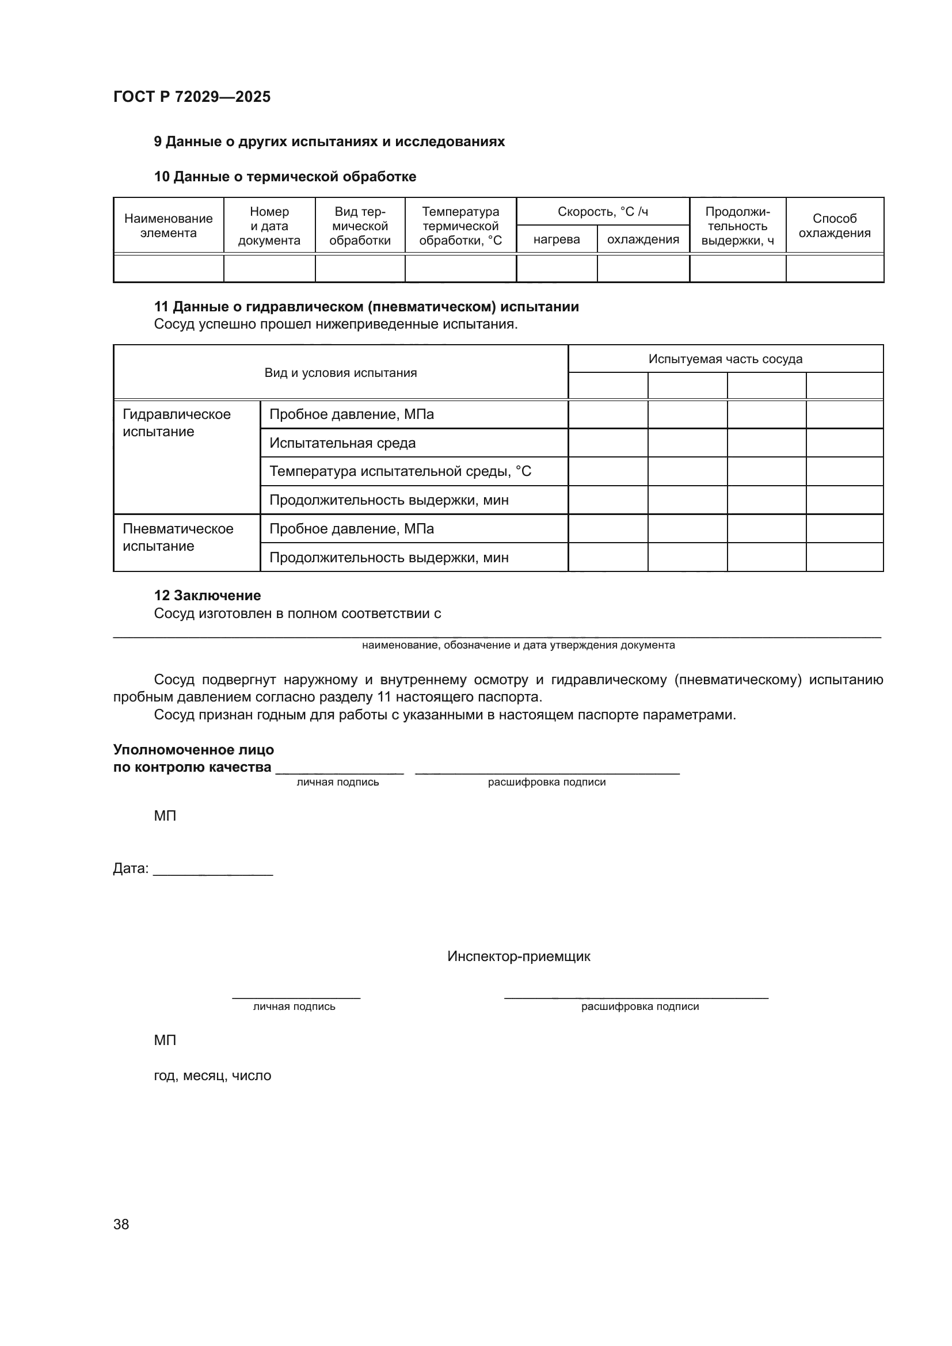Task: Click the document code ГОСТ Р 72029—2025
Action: tap(192, 97)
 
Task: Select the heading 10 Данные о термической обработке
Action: tap(285, 177)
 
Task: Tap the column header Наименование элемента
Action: tap(168, 226)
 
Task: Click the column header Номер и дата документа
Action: tap(269, 226)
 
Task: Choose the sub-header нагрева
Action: tap(557, 239)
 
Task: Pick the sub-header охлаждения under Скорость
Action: tap(642, 239)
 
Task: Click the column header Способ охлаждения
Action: tap(834, 226)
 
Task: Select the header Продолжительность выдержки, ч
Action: tap(737, 226)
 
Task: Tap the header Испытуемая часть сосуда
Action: tap(725, 359)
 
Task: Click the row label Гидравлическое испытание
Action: tap(177, 423)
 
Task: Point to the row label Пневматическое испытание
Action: tap(178, 537)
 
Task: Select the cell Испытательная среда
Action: tap(342, 443)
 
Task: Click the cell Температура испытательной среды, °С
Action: tap(400, 471)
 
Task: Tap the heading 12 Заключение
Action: tap(207, 596)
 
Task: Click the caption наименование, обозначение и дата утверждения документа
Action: tap(518, 645)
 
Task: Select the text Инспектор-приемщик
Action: tap(518, 957)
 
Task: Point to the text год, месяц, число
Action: tap(212, 1076)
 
